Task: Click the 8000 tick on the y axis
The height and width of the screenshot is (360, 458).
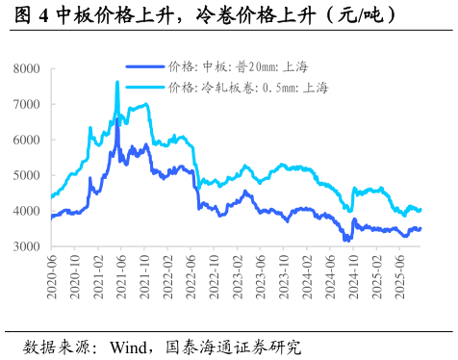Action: (x=25, y=69)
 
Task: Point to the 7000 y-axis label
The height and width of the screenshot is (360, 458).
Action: (x=25, y=105)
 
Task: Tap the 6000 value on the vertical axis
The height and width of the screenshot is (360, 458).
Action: (x=25, y=141)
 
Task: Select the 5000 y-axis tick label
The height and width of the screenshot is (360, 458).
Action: (x=25, y=176)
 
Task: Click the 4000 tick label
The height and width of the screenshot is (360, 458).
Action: (x=25, y=212)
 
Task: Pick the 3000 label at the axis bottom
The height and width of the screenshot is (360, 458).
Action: (x=25, y=247)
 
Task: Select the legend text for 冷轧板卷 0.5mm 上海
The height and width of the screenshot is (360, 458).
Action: (x=248, y=88)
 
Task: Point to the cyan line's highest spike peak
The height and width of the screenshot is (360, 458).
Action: (x=117, y=83)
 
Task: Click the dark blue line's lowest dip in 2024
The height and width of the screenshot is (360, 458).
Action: (x=347, y=240)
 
